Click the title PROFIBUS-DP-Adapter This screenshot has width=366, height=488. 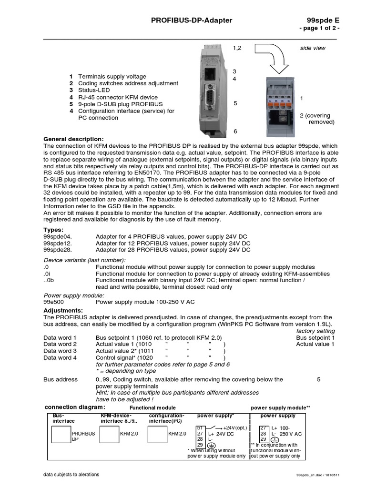192,20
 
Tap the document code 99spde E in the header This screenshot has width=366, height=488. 325,20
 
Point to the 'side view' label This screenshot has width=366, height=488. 313,48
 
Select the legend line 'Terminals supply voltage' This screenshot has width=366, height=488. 112,76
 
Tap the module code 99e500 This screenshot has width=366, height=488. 53,302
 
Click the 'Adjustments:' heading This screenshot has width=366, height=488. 62,310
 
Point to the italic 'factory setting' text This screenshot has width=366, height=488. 315,331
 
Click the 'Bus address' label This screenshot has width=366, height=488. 60,380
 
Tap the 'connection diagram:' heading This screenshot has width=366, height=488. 75,407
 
